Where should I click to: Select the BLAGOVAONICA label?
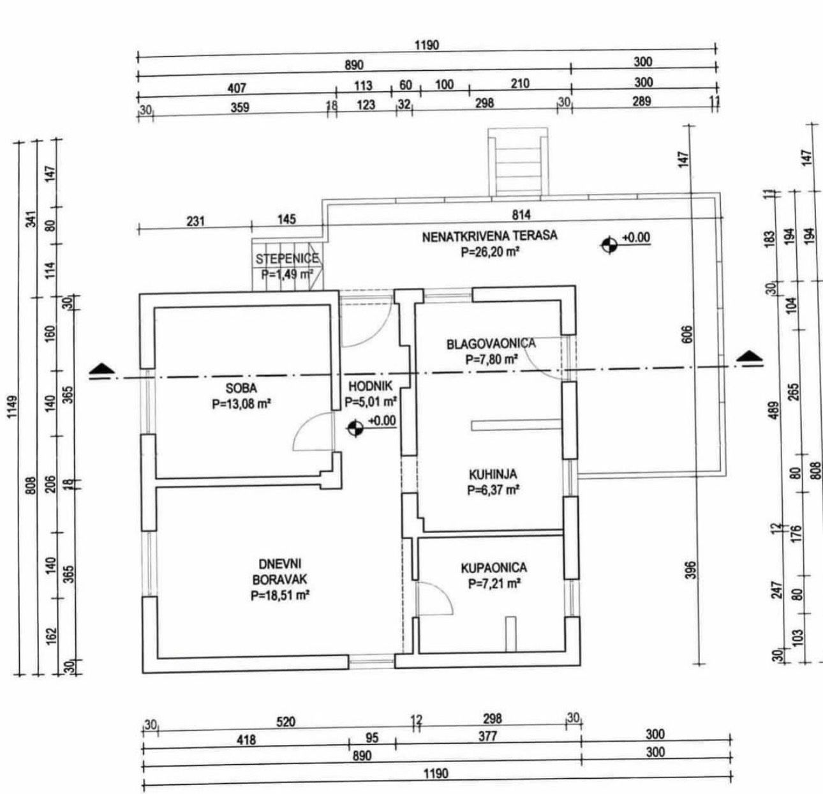491,344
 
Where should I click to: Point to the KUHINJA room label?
493,475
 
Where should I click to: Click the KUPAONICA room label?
494,568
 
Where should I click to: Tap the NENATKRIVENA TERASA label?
489,236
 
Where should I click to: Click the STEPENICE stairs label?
286,259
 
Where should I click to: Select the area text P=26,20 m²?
489,252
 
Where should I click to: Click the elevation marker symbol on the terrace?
609,244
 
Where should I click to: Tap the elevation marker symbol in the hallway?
355,428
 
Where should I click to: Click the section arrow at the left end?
102,369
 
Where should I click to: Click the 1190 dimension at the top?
426,45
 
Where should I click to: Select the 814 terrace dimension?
521,214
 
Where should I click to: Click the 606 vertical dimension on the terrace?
686,334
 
